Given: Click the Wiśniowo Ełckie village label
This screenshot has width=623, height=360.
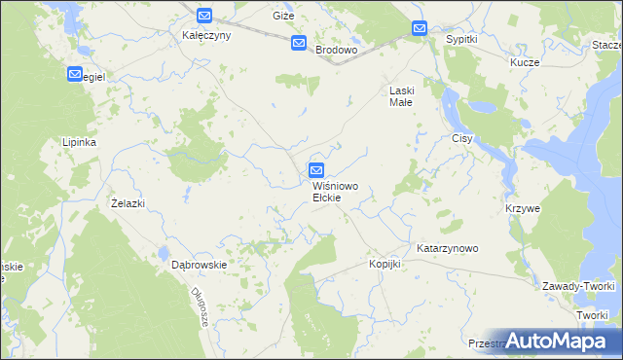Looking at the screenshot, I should (326, 192).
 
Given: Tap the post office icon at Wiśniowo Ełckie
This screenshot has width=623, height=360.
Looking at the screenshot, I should (316, 169).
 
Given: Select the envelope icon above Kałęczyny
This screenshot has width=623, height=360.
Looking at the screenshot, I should (203, 16).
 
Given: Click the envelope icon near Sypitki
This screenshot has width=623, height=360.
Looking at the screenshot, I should (419, 29).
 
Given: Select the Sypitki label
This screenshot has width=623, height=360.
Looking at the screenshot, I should (460, 39).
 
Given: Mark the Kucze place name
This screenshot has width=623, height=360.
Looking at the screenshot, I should (525, 60).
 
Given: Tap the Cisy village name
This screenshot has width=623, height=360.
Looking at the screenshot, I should (461, 138).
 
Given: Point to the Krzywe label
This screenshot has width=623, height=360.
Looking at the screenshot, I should (523, 208).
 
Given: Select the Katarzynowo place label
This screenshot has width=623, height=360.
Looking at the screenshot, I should (448, 248).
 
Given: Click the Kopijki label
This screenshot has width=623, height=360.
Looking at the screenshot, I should (385, 264).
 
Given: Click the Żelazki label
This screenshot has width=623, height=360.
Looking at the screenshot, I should (128, 202).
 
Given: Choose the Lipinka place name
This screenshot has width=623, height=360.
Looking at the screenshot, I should (79, 141).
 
